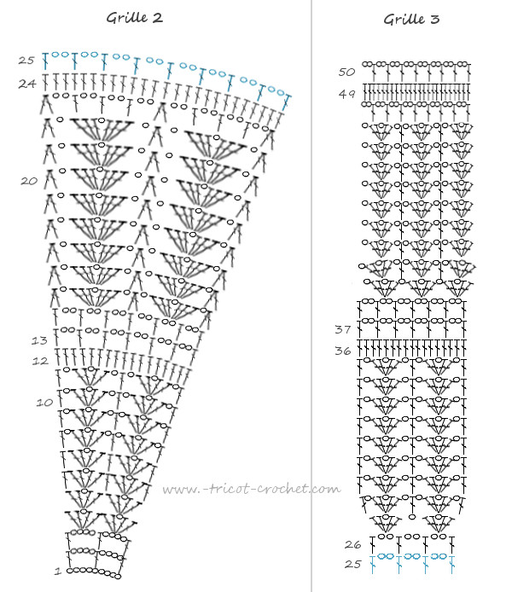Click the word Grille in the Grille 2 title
click(127, 18)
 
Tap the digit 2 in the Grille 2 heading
click(158, 18)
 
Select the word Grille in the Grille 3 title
click(404, 20)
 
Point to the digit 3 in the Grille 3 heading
click(435, 20)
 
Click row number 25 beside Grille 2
click(26, 61)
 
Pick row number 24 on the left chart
click(26, 84)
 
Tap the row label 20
click(29, 181)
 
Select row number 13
click(39, 340)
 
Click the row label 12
click(40, 362)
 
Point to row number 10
click(44, 403)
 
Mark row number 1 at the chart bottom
click(58, 571)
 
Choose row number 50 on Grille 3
click(346, 72)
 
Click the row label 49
click(346, 94)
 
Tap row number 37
click(343, 329)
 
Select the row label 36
click(343, 351)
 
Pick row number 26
click(352, 544)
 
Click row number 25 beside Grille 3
click(352, 564)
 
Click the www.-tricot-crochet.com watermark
click(252, 490)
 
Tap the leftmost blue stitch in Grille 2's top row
click(45, 61)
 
